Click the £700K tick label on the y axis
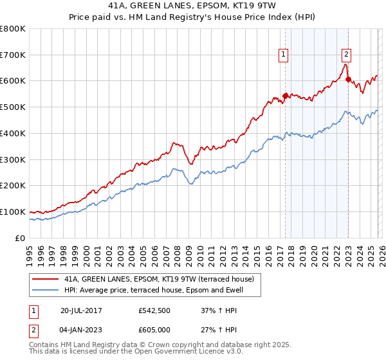point(13,55)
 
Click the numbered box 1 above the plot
point(283,55)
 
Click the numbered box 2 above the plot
point(346,55)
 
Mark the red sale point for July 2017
point(285,96)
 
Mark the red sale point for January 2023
point(348,80)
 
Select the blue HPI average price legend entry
point(160,290)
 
